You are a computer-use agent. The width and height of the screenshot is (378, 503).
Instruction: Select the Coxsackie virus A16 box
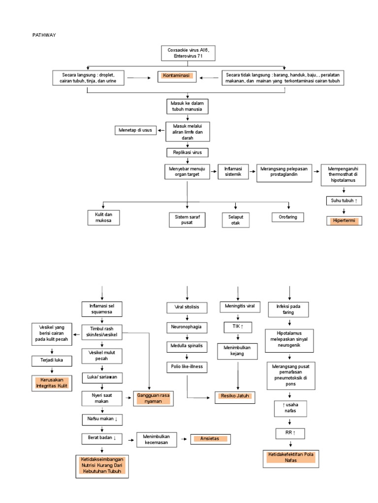pyautogui.click(x=188, y=53)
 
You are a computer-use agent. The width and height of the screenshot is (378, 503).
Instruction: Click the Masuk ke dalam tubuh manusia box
pyautogui.click(x=187, y=106)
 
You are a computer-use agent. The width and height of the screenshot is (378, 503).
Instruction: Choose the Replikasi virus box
pyautogui.click(x=187, y=152)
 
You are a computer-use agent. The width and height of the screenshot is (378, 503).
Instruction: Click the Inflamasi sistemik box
pyautogui.click(x=233, y=172)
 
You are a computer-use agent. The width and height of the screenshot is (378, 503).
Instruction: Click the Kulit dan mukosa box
pyautogui.click(x=104, y=218)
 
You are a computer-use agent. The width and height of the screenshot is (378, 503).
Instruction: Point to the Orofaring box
pyautogui.click(x=288, y=217)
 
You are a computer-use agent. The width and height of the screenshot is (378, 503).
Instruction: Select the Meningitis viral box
pyautogui.click(x=238, y=307)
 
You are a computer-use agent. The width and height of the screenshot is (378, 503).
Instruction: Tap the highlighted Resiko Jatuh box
pyautogui.click(x=235, y=396)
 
